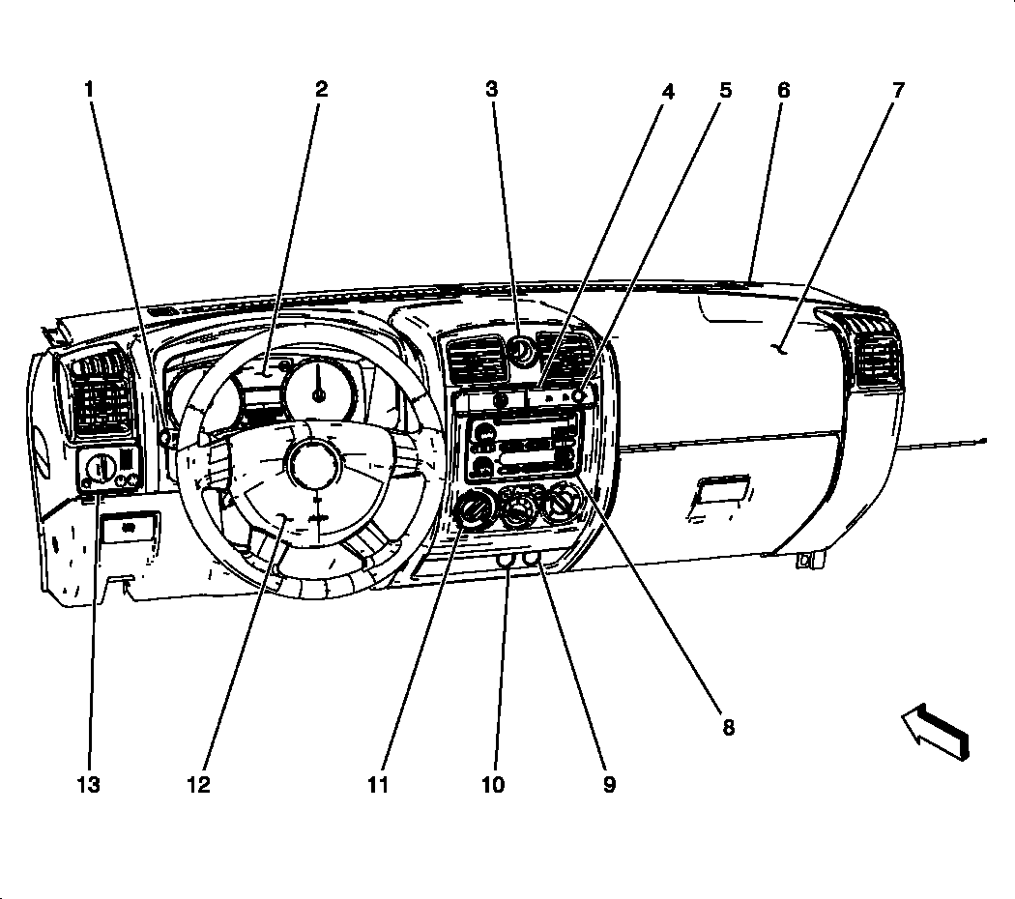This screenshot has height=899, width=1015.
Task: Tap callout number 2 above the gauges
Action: [321, 90]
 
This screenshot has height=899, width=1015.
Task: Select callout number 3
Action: [492, 90]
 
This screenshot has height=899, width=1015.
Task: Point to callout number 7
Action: [898, 91]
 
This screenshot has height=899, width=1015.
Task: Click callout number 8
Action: [728, 726]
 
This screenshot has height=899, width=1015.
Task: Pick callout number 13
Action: [88, 784]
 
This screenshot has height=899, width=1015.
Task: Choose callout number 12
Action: [198, 784]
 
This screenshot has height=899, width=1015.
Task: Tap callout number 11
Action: [377, 784]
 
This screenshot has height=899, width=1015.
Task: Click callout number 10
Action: [493, 784]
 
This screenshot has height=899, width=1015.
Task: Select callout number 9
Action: [609, 784]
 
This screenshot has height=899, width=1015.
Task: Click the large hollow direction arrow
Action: [935, 732]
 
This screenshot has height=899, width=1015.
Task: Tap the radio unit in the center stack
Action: [522, 447]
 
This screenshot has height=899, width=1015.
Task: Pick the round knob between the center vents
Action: [523, 354]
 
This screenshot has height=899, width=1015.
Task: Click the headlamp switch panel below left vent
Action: [108, 471]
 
